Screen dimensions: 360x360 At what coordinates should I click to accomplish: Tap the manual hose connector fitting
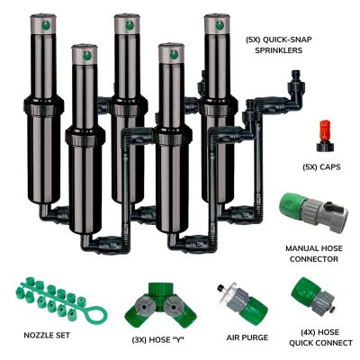click(314, 212)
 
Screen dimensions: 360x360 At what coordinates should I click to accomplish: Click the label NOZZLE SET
click(47, 335)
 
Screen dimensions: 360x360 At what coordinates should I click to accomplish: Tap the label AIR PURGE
click(247, 337)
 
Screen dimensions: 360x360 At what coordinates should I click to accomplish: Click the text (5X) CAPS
click(321, 167)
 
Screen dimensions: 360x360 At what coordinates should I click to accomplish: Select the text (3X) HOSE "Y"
click(157, 340)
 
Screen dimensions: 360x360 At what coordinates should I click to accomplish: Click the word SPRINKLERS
click(279, 50)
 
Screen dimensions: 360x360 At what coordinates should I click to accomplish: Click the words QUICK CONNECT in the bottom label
click(320, 343)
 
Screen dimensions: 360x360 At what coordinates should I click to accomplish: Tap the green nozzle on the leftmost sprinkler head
click(44, 25)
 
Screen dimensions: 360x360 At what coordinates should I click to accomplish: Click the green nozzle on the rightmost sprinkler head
click(220, 25)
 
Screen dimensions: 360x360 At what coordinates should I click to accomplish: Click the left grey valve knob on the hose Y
click(144, 307)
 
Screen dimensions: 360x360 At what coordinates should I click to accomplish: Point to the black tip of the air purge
click(221, 286)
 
